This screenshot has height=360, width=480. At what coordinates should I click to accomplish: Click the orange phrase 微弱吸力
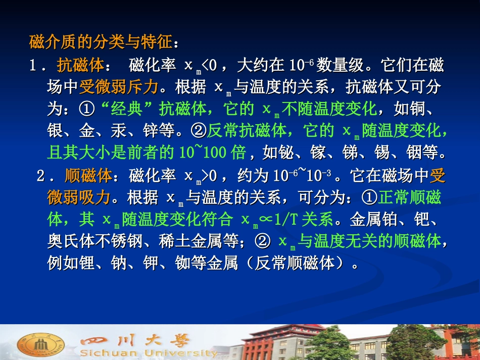coord(78,197)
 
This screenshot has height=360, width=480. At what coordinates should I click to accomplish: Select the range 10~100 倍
coord(212,152)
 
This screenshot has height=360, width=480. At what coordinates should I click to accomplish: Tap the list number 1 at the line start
coord(33,66)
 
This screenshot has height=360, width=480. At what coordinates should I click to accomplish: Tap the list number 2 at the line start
coord(41,176)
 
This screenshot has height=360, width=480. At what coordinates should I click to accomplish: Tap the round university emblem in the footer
coord(34,344)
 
